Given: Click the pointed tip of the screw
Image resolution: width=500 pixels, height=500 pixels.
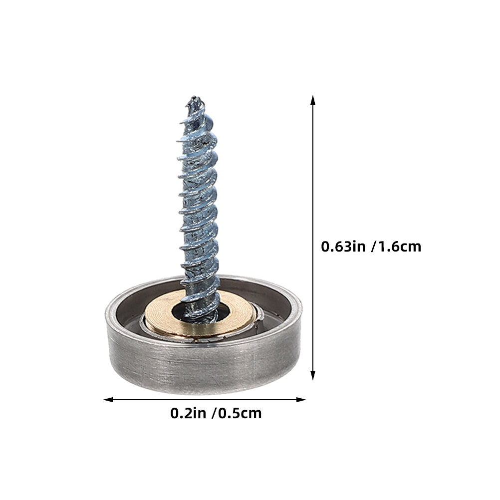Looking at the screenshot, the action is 195,98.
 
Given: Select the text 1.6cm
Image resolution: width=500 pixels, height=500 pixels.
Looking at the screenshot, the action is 400,247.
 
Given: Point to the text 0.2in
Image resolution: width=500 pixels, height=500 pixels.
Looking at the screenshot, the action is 188,413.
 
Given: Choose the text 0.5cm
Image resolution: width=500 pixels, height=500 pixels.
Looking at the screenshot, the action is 240,413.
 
